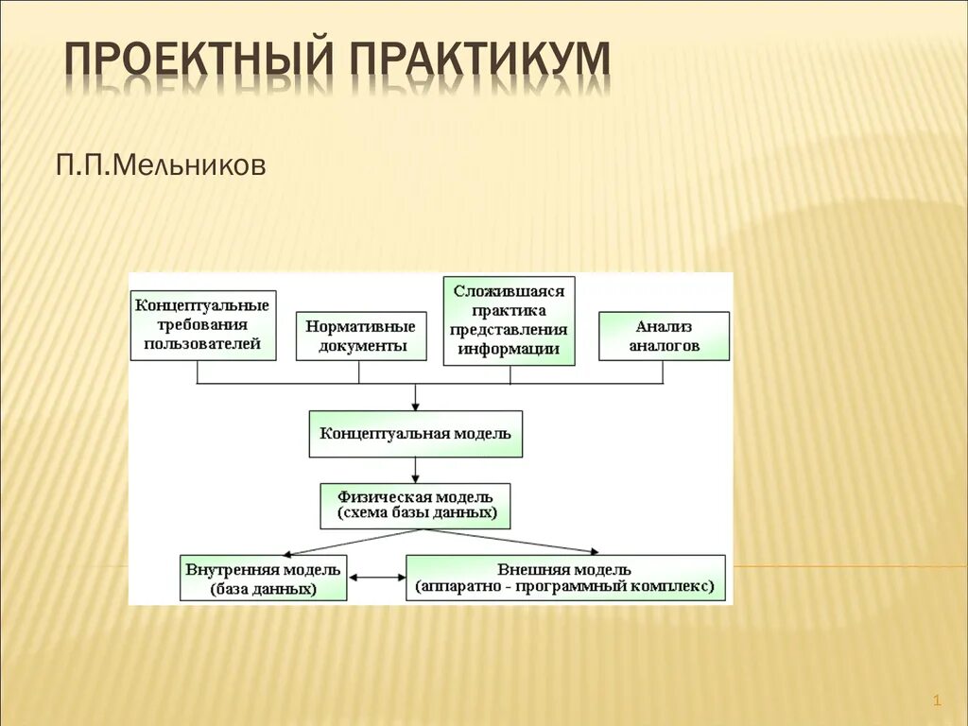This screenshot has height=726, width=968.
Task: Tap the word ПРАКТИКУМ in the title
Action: coord(482,59)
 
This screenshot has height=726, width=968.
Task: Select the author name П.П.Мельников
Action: coord(160,166)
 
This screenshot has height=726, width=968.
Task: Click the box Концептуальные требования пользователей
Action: coord(203,324)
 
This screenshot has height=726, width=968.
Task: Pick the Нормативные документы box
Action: coord(357,335)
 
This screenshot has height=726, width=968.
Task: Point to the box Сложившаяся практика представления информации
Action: coord(510,320)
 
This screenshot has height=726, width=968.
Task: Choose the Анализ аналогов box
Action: coord(665,335)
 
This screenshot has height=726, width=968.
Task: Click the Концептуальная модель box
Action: coord(415,434)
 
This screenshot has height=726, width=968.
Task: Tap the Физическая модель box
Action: coord(415,505)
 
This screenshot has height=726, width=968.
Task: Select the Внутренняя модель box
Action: coord(264,578)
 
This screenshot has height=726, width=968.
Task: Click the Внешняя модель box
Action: coord(565,578)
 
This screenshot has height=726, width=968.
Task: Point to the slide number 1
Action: coord(937,700)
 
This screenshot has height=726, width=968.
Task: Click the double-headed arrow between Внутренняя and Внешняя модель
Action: coord(377,578)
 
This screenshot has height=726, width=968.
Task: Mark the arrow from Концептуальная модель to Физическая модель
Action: coord(415,470)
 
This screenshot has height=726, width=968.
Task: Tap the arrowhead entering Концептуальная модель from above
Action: coord(415,404)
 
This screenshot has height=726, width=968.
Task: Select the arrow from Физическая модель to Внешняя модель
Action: coord(510,541)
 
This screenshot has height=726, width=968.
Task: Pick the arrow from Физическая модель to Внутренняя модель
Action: coord(350,542)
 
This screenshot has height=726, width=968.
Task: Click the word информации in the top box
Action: coord(510,348)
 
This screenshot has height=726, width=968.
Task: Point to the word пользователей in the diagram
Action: coord(203,344)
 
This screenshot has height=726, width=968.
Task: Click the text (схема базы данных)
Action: coord(415,513)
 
